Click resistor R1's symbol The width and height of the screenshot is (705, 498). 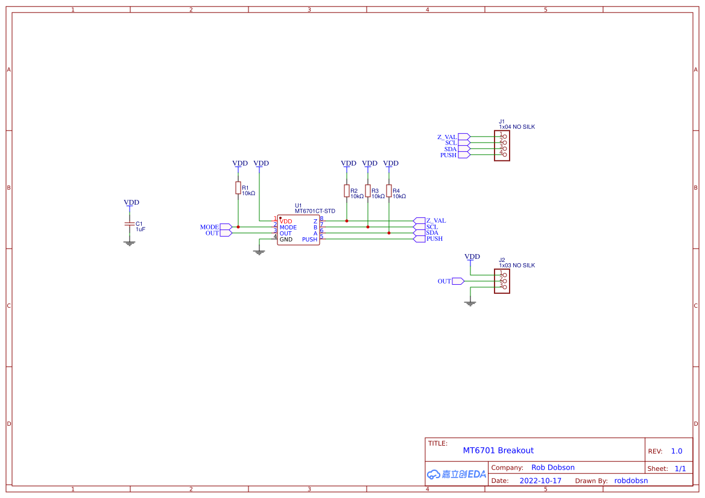click(x=238, y=188)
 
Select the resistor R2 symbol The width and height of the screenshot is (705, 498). click(x=347, y=191)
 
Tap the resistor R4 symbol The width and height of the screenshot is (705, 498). click(x=389, y=191)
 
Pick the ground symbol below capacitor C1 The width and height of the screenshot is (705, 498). click(x=129, y=243)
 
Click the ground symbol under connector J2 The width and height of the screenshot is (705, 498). click(x=470, y=303)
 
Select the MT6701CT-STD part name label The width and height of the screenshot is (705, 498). click(x=315, y=211)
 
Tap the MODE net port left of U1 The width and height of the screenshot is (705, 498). click(x=226, y=227)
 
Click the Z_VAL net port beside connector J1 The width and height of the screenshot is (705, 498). click(x=464, y=137)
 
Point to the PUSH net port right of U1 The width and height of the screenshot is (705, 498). click(x=419, y=239)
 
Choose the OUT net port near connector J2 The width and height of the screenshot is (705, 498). click(x=458, y=281)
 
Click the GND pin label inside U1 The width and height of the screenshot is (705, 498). click(x=286, y=240)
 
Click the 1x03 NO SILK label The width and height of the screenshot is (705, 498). click(x=516, y=266)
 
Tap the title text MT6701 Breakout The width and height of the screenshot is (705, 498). click(x=498, y=450)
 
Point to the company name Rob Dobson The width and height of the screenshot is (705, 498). click(x=552, y=467)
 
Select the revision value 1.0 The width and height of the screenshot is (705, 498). click(x=676, y=451)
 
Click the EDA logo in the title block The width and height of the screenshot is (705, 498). click(x=456, y=474)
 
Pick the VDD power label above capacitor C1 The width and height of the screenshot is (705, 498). click(x=131, y=203)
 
